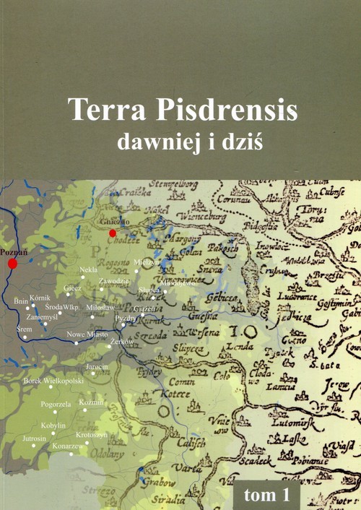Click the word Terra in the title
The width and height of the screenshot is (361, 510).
tap(104, 109)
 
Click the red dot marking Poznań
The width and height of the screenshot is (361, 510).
tap(12, 264)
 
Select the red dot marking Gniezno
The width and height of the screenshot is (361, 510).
tap(112, 233)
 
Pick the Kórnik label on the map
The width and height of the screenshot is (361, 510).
tap(40, 298)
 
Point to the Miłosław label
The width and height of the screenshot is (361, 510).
tap(100, 308)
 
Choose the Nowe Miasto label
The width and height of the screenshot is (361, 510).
tap(87, 334)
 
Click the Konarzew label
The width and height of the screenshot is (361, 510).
tap(65, 447)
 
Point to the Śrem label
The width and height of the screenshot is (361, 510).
tap(23, 328)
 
